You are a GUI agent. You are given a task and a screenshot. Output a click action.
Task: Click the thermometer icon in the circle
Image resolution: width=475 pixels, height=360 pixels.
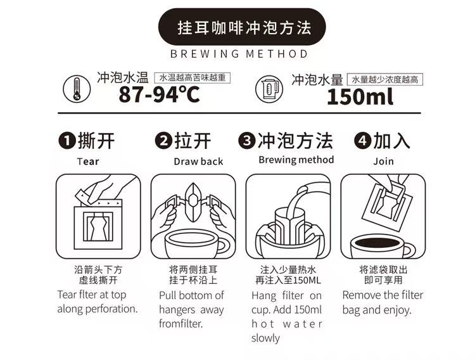pyautogui.click(x=77, y=89)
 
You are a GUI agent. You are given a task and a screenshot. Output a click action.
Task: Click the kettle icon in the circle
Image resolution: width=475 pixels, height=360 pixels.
pyautogui.click(x=269, y=89)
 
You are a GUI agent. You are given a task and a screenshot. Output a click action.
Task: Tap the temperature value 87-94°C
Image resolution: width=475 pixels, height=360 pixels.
pyautogui.click(x=160, y=94)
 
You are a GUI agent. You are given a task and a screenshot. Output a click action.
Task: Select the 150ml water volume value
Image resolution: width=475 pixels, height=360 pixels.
pyautogui.click(x=360, y=97)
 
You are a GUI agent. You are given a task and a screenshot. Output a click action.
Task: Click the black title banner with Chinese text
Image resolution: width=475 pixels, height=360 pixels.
pyautogui.click(x=242, y=27)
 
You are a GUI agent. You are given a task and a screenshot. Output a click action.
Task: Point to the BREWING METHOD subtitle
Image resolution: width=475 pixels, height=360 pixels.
pyautogui.click(x=239, y=54)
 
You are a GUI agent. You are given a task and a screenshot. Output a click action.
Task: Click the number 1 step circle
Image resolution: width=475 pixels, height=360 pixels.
pyautogui.click(x=67, y=141)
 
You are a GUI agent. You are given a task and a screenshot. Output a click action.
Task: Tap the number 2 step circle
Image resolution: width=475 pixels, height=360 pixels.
pyautogui.click(x=163, y=141)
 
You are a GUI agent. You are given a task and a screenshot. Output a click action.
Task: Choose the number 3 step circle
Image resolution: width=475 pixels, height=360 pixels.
pyautogui.click(x=247, y=141)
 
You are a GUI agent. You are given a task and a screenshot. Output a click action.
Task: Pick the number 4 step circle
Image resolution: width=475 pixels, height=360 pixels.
pyautogui.click(x=363, y=141)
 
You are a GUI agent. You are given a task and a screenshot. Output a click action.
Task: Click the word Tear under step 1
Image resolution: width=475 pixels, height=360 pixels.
pyautogui.click(x=88, y=162)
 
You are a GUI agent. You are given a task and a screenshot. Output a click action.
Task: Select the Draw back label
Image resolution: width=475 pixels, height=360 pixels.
pyautogui.click(x=198, y=162)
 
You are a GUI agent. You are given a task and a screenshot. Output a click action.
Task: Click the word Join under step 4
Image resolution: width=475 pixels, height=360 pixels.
pyautogui.click(x=384, y=161)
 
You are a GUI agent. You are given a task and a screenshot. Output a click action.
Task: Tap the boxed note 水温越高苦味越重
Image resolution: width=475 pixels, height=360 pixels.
pyautogui.click(x=193, y=78)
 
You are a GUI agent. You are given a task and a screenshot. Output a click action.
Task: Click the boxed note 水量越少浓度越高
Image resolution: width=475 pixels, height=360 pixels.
pyautogui.click(x=384, y=79)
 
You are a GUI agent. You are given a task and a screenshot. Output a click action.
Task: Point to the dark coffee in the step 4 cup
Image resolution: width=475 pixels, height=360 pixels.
pyautogui.click(x=377, y=243)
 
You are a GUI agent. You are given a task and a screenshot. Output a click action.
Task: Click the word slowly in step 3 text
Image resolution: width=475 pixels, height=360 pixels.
pyautogui.click(x=265, y=338)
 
